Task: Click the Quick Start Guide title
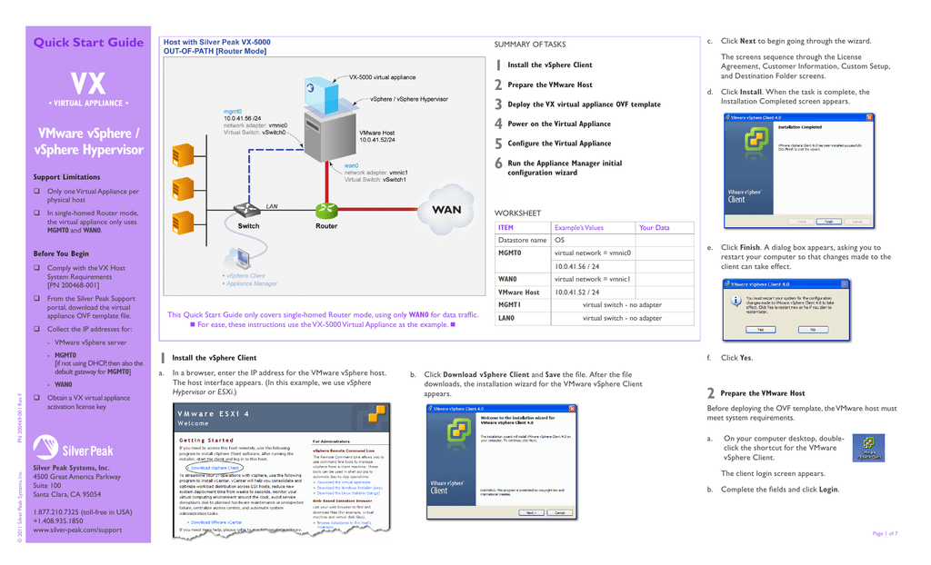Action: (x=88, y=42)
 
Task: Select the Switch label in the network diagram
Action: (x=248, y=226)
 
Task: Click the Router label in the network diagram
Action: (x=326, y=226)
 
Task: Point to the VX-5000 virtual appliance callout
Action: (x=382, y=77)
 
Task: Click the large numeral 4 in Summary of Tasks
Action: (x=498, y=124)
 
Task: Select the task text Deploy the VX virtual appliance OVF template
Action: (x=584, y=104)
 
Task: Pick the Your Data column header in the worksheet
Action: (x=654, y=228)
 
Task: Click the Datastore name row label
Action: (x=522, y=240)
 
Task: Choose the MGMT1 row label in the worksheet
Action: (x=509, y=305)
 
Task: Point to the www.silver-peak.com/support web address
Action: (x=77, y=530)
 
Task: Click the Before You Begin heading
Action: (x=61, y=253)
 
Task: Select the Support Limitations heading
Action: (x=66, y=177)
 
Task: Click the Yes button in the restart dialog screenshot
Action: (x=759, y=329)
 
